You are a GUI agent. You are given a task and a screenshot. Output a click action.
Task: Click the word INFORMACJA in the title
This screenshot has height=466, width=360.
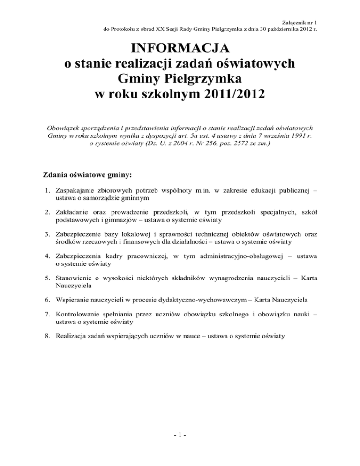click(x=180, y=48)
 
